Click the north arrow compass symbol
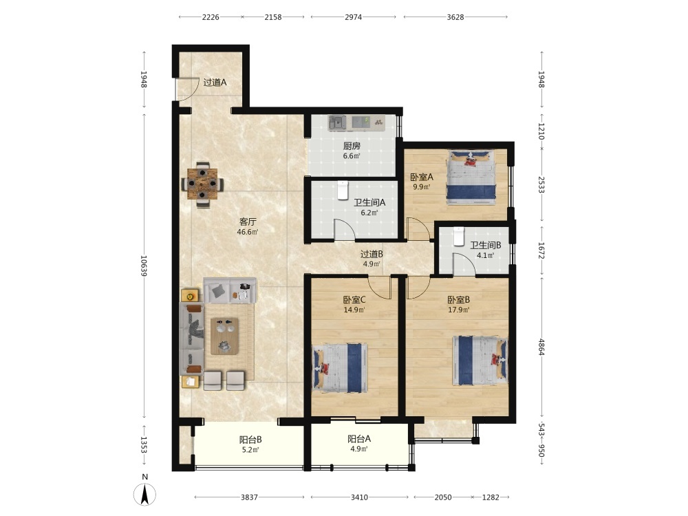tap(144, 494)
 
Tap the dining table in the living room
tap(202, 184)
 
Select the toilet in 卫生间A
tap(343, 191)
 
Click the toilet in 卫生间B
tap(459, 237)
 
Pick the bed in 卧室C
tap(340, 367)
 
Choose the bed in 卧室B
tap(480, 361)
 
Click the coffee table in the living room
tap(225, 336)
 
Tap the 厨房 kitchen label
tap(352, 146)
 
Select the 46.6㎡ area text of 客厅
tap(248, 232)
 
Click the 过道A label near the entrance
tap(215, 82)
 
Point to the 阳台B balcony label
tap(250, 439)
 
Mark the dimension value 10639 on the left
tap(144, 266)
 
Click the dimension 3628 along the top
tap(455, 17)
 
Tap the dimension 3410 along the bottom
tap(359, 497)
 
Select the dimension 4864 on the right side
tap(541, 347)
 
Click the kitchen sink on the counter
tap(337, 122)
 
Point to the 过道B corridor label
tap(372, 254)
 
